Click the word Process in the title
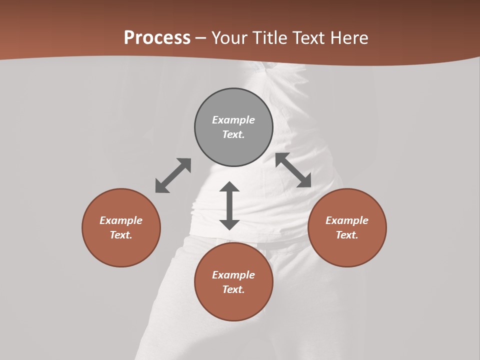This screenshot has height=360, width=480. point(157,38)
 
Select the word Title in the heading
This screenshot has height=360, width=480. point(271,38)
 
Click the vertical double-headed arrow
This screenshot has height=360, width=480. point(229,205)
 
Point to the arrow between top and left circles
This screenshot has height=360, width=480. point(173,175)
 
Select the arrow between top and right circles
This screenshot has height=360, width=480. point(293,170)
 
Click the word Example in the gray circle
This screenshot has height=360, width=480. point(233,120)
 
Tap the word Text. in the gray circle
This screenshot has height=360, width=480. point(233,134)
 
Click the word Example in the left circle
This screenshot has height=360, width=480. point(121,220)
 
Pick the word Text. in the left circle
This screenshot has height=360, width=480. point(121,235)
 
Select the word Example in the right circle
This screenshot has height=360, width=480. point(347,220)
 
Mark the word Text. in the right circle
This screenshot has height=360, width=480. point(347,235)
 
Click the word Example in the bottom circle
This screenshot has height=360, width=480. point(233,275)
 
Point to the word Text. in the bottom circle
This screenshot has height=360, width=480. point(233,289)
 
